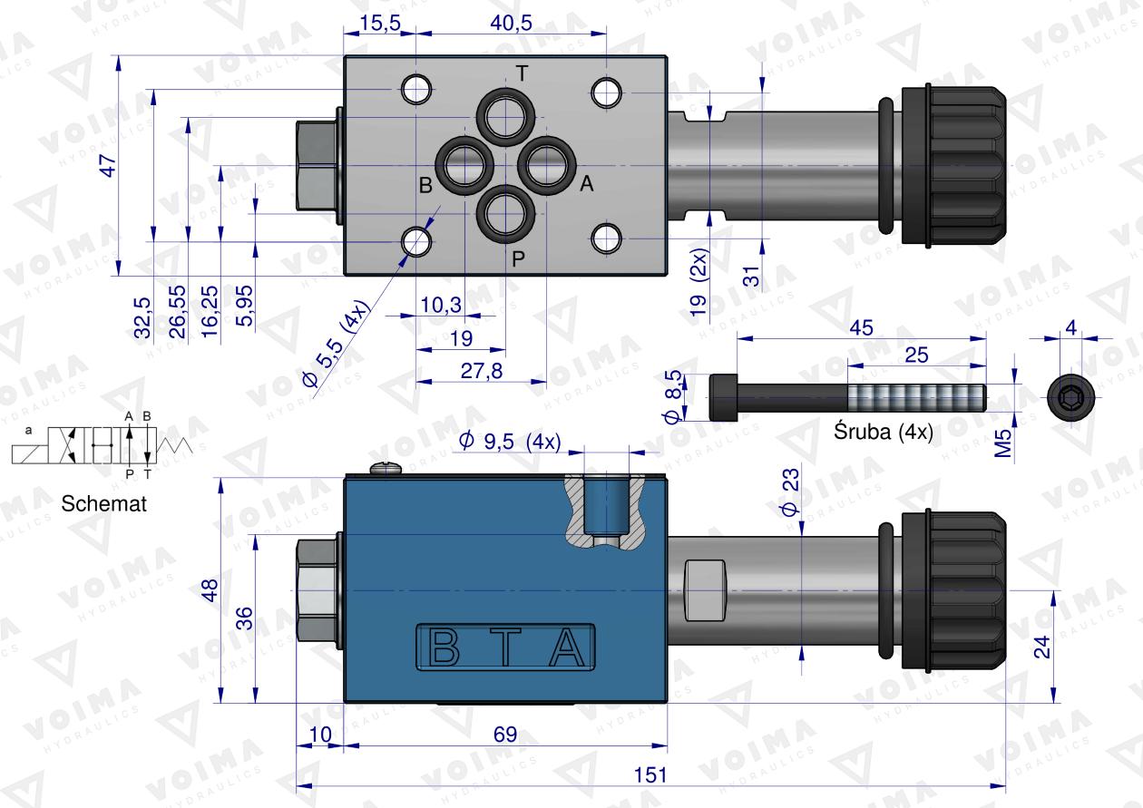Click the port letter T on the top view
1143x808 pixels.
522,74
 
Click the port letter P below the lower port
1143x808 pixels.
518,259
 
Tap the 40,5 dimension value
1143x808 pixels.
511,23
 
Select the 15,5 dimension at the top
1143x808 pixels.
380,23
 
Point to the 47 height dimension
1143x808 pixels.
109,166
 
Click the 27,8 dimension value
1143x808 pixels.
481,371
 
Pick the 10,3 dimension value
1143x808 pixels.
441,305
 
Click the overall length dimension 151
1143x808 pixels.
650,774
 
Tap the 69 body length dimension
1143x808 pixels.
505,734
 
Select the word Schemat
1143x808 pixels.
103,503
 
